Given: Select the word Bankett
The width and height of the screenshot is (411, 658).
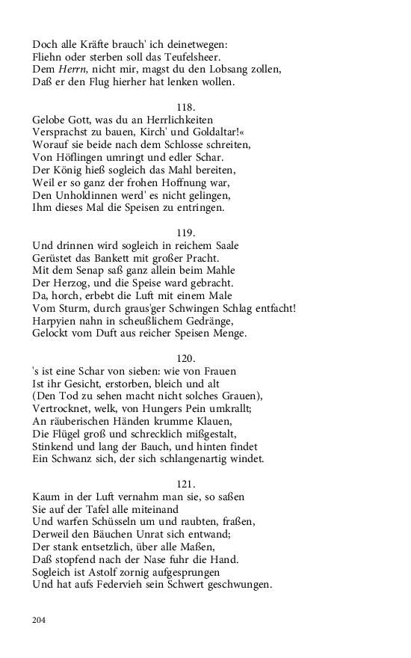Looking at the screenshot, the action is tap(107, 259).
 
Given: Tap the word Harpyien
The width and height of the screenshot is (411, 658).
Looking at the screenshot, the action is tap(58, 323).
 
